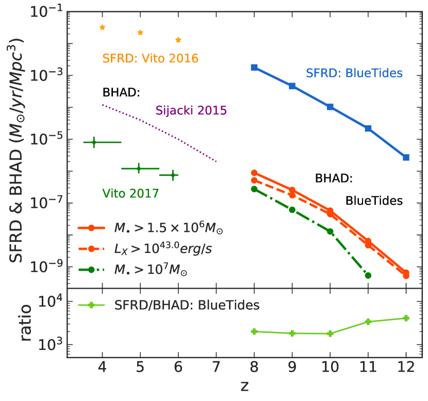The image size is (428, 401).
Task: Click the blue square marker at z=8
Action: coord(254,68)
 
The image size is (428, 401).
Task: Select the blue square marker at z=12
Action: coord(406,157)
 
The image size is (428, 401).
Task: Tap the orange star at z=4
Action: coord(102,27)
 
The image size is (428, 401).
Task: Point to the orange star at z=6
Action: coord(178,40)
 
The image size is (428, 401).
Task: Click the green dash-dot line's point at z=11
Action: coord(368,275)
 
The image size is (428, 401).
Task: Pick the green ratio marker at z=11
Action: coord(368,322)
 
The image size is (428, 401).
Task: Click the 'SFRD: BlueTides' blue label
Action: coord(354,73)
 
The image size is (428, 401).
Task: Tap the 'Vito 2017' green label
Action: coord(130,194)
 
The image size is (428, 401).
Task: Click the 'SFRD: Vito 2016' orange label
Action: coord(150,58)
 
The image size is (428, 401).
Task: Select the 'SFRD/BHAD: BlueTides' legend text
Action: coord(186,305)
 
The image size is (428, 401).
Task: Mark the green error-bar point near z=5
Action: coord(138,168)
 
